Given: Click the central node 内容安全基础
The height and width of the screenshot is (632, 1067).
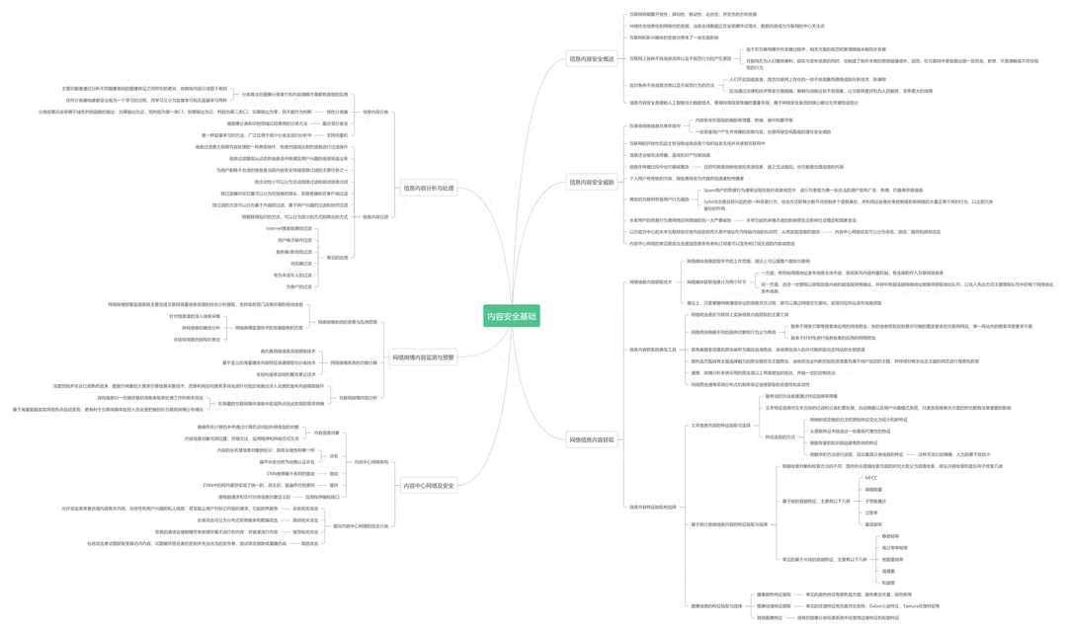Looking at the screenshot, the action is coord(514,316).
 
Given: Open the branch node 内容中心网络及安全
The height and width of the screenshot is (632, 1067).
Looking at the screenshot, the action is coord(428,486).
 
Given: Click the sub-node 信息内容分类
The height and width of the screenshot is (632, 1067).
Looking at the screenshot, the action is coord(374,112).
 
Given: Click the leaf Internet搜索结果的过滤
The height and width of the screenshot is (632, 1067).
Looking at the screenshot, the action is coord(288,228).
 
